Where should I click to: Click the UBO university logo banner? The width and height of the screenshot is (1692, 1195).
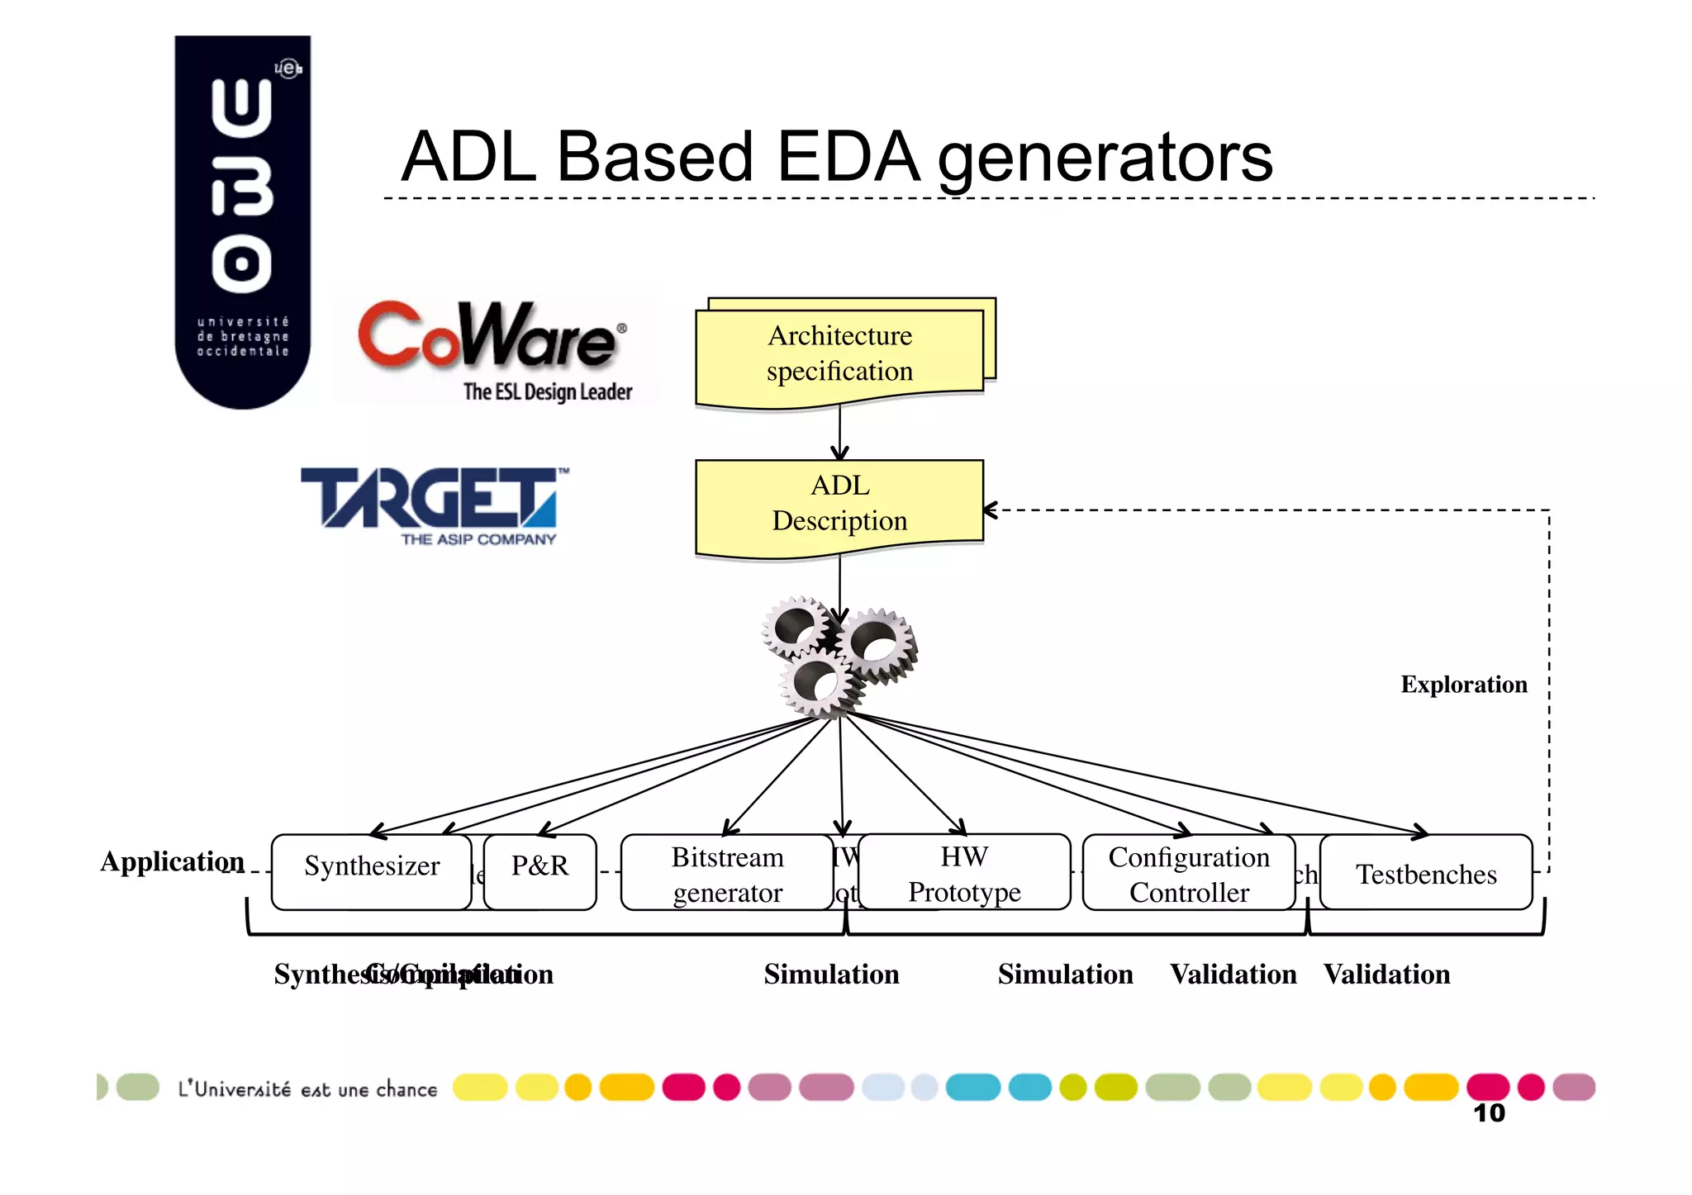pyautogui.click(x=242, y=221)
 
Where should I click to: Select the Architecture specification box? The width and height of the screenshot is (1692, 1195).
pyautogui.click(x=840, y=353)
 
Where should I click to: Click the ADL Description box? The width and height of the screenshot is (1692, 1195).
pyautogui.click(x=840, y=504)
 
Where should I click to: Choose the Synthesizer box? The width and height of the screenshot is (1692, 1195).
pyautogui.click(x=371, y=871)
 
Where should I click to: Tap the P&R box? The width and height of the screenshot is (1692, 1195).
pyautogui.click(x=539, y=871)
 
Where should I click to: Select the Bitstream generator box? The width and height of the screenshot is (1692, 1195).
pyautogui.click(x=727, y=874)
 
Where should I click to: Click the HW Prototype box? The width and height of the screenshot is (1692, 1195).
pyautogui.click(x=964, y=873)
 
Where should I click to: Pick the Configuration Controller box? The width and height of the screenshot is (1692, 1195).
pyautogui.click(x=1188, y=874)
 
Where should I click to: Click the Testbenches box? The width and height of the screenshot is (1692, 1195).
pyautogui.click(x=1426, y=873)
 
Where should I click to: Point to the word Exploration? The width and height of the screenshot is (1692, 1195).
pyautogui.click(x=1463, y=685)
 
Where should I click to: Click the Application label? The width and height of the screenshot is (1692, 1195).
pyautogui.click(x=172, y=861)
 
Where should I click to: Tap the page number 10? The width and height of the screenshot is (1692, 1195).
pyautogui.click(x=1489, y=1113)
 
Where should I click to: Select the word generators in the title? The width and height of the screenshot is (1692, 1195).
pyautogui.click(x=1105, y=159)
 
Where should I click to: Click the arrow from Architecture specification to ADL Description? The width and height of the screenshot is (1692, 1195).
pyautogui.click(x=840, y=434)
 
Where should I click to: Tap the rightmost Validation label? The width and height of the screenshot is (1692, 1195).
pyautogui.click(x=1386, y=974)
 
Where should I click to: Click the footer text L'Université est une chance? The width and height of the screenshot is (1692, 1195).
pyautogui.click(x=307, y=1089)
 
